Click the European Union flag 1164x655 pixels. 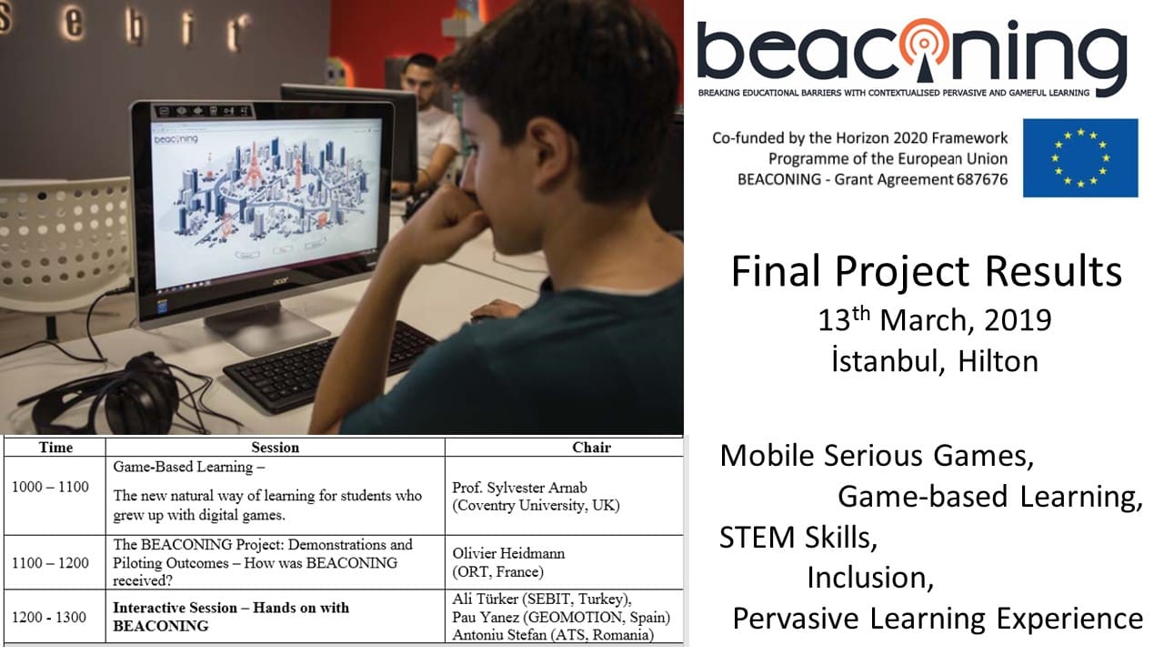point(1080,158)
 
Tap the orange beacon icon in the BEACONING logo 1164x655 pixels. point(923,49)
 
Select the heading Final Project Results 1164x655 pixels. point(927,271)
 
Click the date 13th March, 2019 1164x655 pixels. point(935,319)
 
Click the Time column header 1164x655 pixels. point(55,447)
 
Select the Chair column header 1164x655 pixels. point(591,447)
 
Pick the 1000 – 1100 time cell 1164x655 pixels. point(50,487)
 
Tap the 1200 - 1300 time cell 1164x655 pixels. point(49,617)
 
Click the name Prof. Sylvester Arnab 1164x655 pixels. point(519,488)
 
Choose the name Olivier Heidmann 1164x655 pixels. point(508,553)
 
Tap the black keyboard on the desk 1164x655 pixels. point(330,367)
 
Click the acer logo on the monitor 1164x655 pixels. point(281,281)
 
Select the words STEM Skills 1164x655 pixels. point(798,537)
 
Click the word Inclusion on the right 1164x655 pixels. point(870,578)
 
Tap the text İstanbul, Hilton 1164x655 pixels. point(935,360)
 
